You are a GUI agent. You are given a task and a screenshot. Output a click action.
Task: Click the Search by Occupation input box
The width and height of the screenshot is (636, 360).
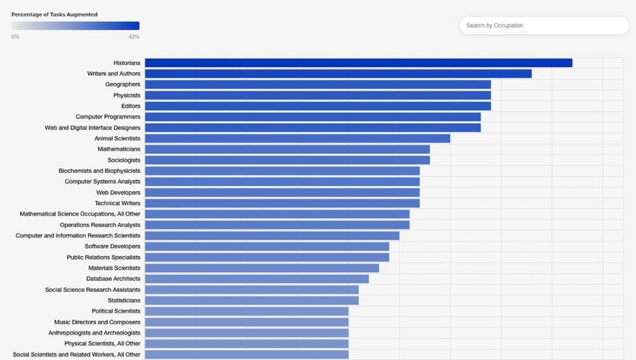[x=543, y=26]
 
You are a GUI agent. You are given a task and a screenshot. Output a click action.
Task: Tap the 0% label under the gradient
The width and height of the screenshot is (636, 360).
[x=15, y=36]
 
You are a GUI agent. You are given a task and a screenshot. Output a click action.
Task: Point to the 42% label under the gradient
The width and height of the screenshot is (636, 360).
[x=133, y=36]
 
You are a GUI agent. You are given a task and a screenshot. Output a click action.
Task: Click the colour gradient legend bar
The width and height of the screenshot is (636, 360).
[x=75, y=26]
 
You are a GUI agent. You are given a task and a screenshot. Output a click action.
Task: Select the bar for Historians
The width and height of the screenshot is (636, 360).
[x=358, y=63]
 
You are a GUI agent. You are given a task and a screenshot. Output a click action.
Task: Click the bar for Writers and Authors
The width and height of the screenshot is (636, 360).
[x=338, y=74]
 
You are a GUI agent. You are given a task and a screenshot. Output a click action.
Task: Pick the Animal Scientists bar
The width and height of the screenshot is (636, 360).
[x=297, y=139]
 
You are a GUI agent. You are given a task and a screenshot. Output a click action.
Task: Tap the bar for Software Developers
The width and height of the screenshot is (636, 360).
[x=267, y=247]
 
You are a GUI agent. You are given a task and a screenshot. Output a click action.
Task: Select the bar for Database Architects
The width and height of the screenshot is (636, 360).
[x=256, y=279]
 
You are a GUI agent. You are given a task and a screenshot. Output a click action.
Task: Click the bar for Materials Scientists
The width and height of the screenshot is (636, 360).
[x=262, y=268]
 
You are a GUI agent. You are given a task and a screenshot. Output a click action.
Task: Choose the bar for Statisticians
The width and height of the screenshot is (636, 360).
[x=252, y=300]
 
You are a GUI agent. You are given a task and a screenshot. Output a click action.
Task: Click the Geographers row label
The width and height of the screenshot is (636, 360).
[x=123, y=85]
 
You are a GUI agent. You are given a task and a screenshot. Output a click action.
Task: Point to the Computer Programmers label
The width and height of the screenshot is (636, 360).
[x=108, y=117]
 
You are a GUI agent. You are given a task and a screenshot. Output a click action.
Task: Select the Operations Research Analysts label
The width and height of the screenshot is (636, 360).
[x=100, y=225]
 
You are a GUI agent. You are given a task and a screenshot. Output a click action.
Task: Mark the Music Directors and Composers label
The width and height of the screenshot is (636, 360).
[x=97, y=322]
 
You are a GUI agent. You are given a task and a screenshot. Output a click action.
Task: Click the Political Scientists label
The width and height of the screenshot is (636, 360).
[x=116, y=311]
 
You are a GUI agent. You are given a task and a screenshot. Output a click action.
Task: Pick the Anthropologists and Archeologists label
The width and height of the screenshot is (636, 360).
[x=94, y=333]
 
